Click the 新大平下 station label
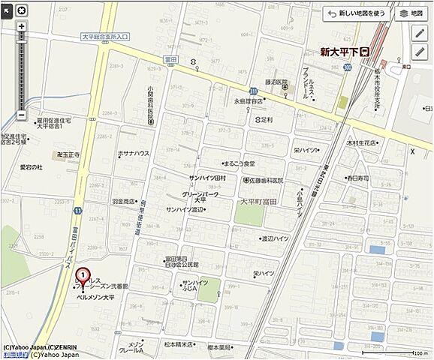(x=337, y=52)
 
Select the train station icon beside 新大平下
(x=365, y=52)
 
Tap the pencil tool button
(x=419, y=33)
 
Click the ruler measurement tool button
(x=419, y=51)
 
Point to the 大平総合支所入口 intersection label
(x=105, y=36)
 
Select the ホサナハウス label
(x=134, y=153)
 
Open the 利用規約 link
(x=14, y=355)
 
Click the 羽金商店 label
(x=124, y=202)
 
